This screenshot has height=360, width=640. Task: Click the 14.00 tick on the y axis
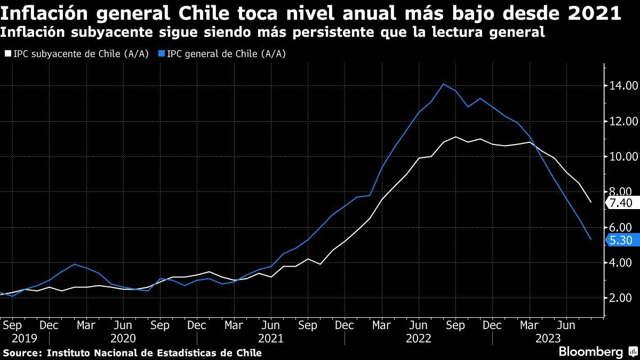click(x=621, y=86)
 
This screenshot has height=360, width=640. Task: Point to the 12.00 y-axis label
click(x=621, y=121)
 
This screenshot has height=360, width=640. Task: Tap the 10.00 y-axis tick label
click(x=621, y=157)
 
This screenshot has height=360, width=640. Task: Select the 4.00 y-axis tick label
click(x=621, y=263)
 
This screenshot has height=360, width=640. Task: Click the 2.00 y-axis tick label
click(x=621, y=298)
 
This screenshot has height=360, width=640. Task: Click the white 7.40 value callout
click(x=621, y=203)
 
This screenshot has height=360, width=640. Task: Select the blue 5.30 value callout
click(x=621, y=240)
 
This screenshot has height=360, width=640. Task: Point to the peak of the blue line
click(x=443, y=84)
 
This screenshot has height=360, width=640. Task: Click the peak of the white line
click(x=455, y=137)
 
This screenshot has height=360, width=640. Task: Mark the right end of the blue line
click(x=590, y=239)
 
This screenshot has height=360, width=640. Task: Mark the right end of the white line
click(x=590, y=202)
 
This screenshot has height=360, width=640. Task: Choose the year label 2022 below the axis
click(x=418, y=338)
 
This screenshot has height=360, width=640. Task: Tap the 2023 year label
click(x=548, y=338)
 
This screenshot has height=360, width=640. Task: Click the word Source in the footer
click(x=21, y=353)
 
